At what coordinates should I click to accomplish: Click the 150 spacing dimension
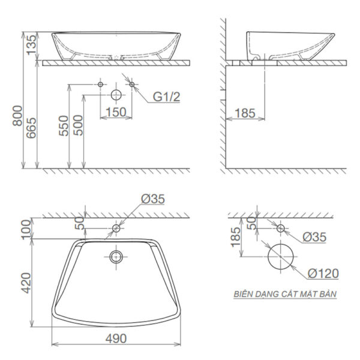click(x=115, y=112)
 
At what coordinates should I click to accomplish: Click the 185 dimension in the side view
click(x=245, y=112)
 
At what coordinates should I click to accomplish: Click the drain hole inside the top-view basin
click(x=116, y=258)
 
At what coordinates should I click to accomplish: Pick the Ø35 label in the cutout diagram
click(x=314, y=237)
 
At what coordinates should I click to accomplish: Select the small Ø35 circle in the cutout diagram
click(x=280, y=228)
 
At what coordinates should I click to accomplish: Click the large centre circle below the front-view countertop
click(x=116, y=95)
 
